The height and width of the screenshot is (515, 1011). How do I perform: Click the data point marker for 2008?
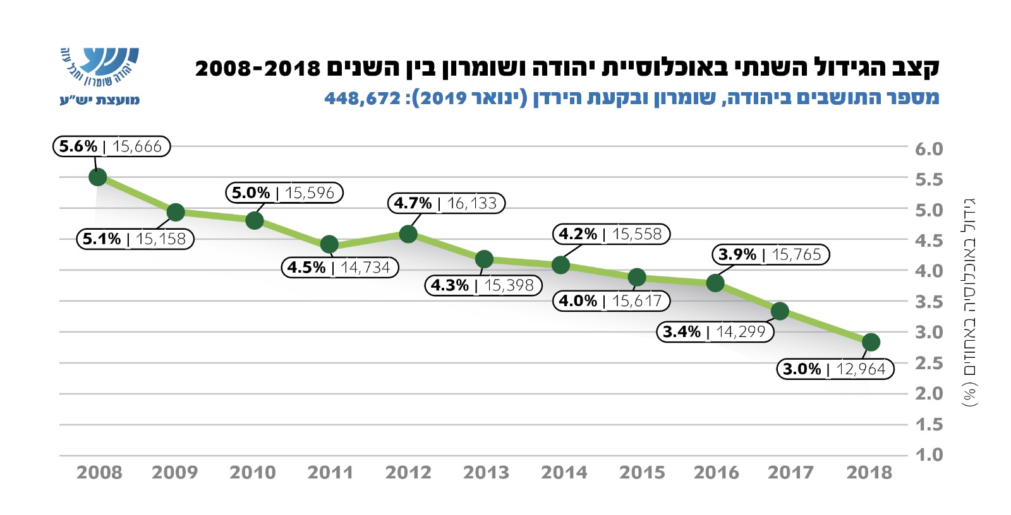point(97,177)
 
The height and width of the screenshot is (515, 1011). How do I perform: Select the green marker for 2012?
point(408,234)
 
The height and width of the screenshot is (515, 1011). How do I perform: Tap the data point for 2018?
point(871,342)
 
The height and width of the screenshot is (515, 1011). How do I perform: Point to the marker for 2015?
point(637,277)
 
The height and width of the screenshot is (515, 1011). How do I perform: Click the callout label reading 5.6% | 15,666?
point(111,146)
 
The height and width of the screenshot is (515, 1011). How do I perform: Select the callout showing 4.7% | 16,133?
point(446,203)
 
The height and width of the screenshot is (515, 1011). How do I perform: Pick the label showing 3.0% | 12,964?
point(835,369)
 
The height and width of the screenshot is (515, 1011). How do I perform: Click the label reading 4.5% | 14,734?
point(339,268)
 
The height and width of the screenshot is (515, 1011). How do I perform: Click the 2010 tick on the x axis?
point(253,472)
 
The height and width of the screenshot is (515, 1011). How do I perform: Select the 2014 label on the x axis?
point(564,472)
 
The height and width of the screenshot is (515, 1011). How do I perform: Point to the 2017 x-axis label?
point(790,472)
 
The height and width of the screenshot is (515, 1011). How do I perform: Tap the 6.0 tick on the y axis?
point(928,149)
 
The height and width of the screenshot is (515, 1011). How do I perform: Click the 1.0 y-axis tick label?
point(928,454)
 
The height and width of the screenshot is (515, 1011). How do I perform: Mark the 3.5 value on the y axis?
point(928,302)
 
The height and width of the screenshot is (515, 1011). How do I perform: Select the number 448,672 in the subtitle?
point(362,98)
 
